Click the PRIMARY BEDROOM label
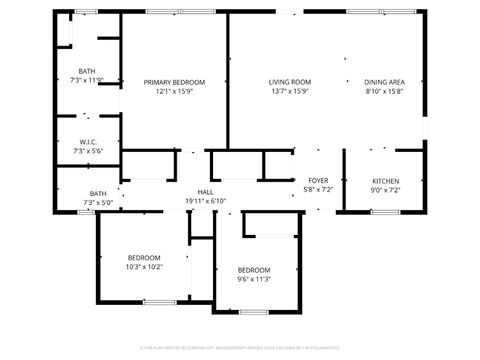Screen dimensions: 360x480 click(x=174, y=82)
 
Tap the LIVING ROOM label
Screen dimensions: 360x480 click(x=290, y=82)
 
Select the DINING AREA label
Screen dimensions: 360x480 click(x=384, y=82)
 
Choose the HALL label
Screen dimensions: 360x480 click(x=206, y=192)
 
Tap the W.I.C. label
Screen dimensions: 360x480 click(x=87, y=142)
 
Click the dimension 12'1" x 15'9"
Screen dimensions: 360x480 click(x=174, y=91)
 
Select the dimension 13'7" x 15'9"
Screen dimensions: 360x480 click(x=290, y=91)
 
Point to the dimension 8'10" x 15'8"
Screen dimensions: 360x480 click(x=384, y=91)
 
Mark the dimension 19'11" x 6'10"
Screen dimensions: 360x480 click(x=206, y=201)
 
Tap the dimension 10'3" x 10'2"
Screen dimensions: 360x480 click(x=144, y=267)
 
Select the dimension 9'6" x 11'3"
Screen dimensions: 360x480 click(x=254, y=279)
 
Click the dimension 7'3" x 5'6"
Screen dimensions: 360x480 click(x=87, y=151)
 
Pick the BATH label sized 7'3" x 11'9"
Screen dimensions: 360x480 click(x=87, y=71)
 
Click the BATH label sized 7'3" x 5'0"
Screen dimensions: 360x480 click(x=98, y=194)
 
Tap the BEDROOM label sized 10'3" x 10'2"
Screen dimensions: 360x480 click(x=144, y=258)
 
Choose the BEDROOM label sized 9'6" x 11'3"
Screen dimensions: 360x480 click(x=254, y=270)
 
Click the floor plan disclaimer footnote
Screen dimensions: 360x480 click(x=240, y=348)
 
